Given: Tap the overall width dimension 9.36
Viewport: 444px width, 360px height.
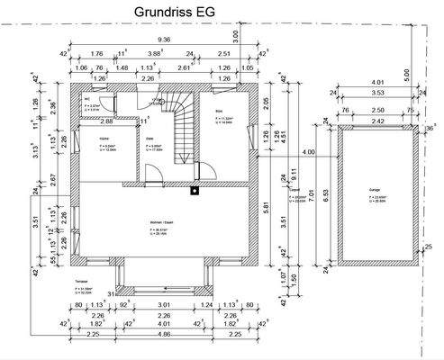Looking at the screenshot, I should point(164,40).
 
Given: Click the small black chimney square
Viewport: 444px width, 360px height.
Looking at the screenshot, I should point(193,189).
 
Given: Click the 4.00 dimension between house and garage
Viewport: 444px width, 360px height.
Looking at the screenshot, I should point(309,152).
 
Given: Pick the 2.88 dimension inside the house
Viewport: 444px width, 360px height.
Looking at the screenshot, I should point(107,120).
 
